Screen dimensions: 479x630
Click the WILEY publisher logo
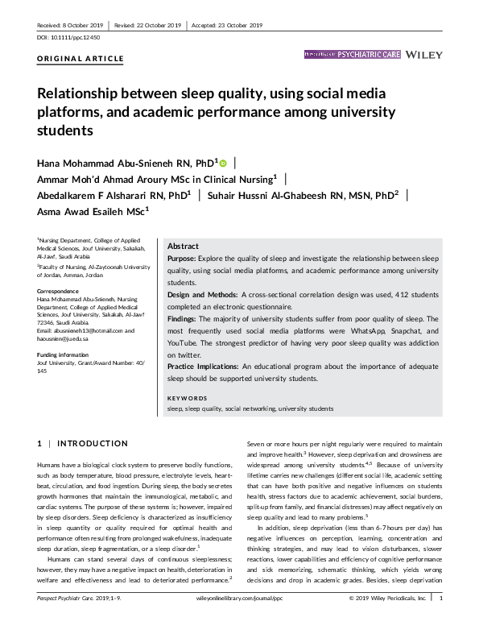tap(426, 55)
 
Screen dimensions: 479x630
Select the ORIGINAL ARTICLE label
tap(81, 59)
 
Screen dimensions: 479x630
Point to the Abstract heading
tap(184, 246)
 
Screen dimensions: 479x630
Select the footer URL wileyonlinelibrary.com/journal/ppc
tap(239, 622)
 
